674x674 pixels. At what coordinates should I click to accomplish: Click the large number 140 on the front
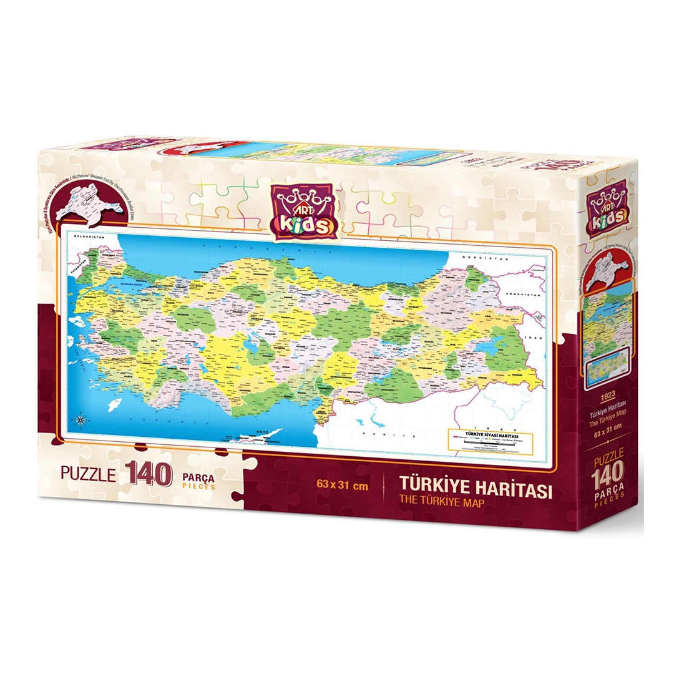pos(148,474)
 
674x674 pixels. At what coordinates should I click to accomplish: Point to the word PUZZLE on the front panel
pos(88,474)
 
